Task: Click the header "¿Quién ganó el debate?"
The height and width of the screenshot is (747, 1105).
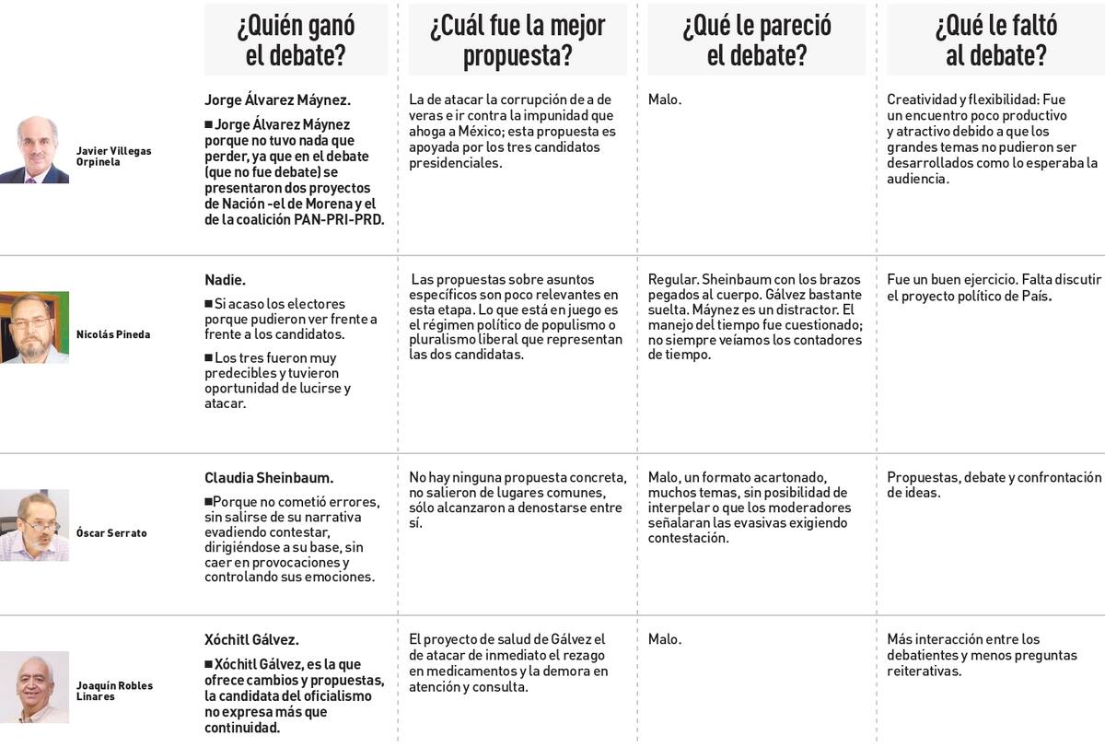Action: (296, 40)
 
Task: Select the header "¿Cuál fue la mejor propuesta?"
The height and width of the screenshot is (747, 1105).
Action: (518, 40)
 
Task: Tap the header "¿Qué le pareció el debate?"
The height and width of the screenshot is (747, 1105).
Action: (756, 40)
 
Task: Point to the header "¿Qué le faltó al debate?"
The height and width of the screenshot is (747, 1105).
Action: (995, 40)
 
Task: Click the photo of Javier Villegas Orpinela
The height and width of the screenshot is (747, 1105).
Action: (34, 149)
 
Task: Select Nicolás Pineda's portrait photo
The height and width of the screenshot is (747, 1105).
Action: (34, 328)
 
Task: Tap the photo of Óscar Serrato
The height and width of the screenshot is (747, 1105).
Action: (34, 525)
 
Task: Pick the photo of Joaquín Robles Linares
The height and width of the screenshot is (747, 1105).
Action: (34, 687)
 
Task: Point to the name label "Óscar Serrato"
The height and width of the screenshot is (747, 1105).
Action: (111, 533)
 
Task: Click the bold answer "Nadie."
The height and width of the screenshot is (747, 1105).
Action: (225, 280)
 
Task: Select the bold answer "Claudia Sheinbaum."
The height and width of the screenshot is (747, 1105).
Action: (269, 478)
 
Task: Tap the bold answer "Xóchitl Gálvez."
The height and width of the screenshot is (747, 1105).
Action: (251, 639)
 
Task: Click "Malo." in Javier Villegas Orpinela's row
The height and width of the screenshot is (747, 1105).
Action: (665, 99)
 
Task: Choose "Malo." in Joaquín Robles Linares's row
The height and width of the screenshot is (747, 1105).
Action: (665, 639)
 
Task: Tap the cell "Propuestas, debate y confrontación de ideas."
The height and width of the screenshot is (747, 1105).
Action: (994, 484)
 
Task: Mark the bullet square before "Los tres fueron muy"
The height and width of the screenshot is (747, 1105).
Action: (208, 357)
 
